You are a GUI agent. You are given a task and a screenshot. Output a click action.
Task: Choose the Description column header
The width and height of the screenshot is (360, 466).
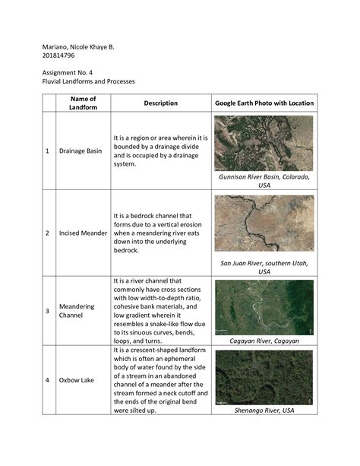click(x=160, y=103)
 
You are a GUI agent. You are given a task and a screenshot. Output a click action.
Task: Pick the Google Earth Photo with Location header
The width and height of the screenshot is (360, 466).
click(x=264, y=103)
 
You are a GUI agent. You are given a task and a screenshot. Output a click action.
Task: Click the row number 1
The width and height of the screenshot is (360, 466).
click(x=48, y=151)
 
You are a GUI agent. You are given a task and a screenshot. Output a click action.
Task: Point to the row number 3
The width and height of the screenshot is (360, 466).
click(x=48, y=310)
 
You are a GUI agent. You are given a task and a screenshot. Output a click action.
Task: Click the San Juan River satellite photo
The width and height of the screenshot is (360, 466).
click(x=264, y=223)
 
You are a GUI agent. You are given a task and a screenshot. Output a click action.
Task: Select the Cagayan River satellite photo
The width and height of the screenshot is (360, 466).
click(x=264, y=306)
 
